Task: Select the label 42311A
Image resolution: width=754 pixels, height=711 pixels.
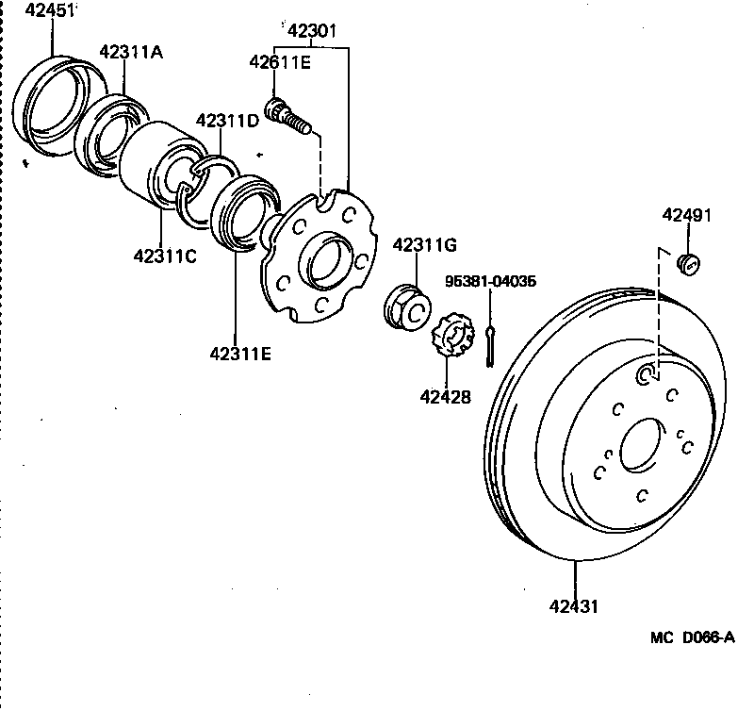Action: pyautogui.click(x=131, y=53)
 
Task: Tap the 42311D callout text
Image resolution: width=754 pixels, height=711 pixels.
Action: pyautogui.click(x=226, y=121)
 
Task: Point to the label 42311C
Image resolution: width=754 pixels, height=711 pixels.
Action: pyautogui.click(x=165, y=256)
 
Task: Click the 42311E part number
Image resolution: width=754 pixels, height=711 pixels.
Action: pyautogui.click(x=240, y=354)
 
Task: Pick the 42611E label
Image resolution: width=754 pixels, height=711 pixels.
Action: pyautogui.click(x=280, y=62)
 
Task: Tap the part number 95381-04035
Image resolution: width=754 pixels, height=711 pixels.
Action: pyautogui.click(x=490, y=281)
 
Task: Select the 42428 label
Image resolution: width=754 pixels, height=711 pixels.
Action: pyautogui.click(x=446, y=397)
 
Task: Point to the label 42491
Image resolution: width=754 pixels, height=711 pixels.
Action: pyautogui.click(x=686, y=215)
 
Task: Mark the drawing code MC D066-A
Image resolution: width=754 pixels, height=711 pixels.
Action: pyautogui.click(x=691, y=638)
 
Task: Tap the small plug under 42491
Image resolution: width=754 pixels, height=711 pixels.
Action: pyautogui.click(x=691, y=263)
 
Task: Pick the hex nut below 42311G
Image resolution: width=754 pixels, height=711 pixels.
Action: pyautogui.click(x=409, y=305)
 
